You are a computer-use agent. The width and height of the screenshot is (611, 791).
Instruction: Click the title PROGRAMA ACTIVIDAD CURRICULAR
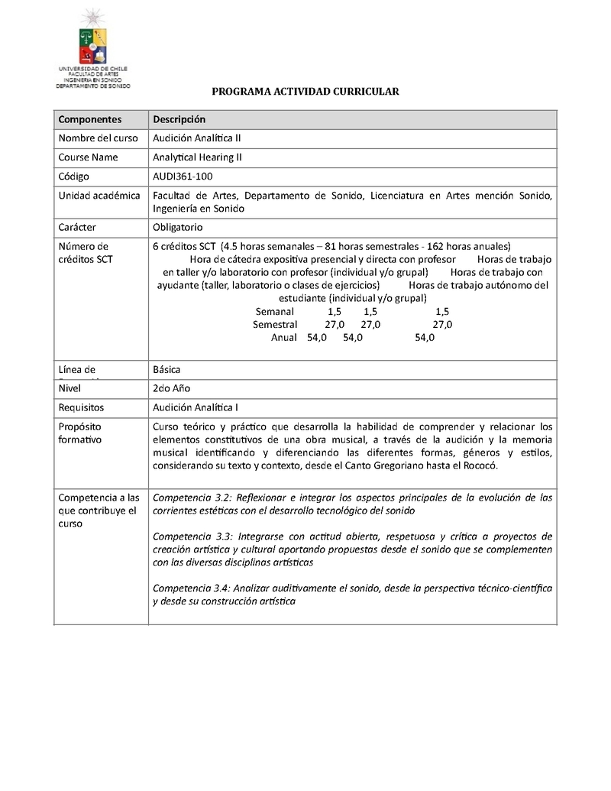coord(305,92)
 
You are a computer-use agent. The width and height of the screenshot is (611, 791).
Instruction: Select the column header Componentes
coord(90,119)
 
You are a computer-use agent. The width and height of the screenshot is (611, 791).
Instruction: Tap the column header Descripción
coord(179,119)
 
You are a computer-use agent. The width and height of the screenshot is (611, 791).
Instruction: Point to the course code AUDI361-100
coord(183,177)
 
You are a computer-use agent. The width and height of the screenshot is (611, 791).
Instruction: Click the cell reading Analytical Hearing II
coord(197,157)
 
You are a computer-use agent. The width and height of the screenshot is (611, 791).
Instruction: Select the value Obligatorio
coord(178,227)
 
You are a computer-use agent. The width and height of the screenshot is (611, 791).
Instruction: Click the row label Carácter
coord(79,227)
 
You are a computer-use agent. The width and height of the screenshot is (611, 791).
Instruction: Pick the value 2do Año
coord(172,388)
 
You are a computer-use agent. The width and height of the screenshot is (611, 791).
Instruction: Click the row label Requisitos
coord(81,407)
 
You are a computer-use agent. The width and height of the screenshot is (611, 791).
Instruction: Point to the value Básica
coord(166,369)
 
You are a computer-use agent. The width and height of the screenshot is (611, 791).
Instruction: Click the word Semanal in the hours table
coord(275,312)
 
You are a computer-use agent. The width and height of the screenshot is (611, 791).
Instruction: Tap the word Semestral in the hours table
coord(275,325)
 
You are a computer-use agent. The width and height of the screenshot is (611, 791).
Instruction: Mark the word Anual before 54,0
coord(284,338)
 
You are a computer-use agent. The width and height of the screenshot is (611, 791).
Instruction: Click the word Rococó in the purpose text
coord(478,465)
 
